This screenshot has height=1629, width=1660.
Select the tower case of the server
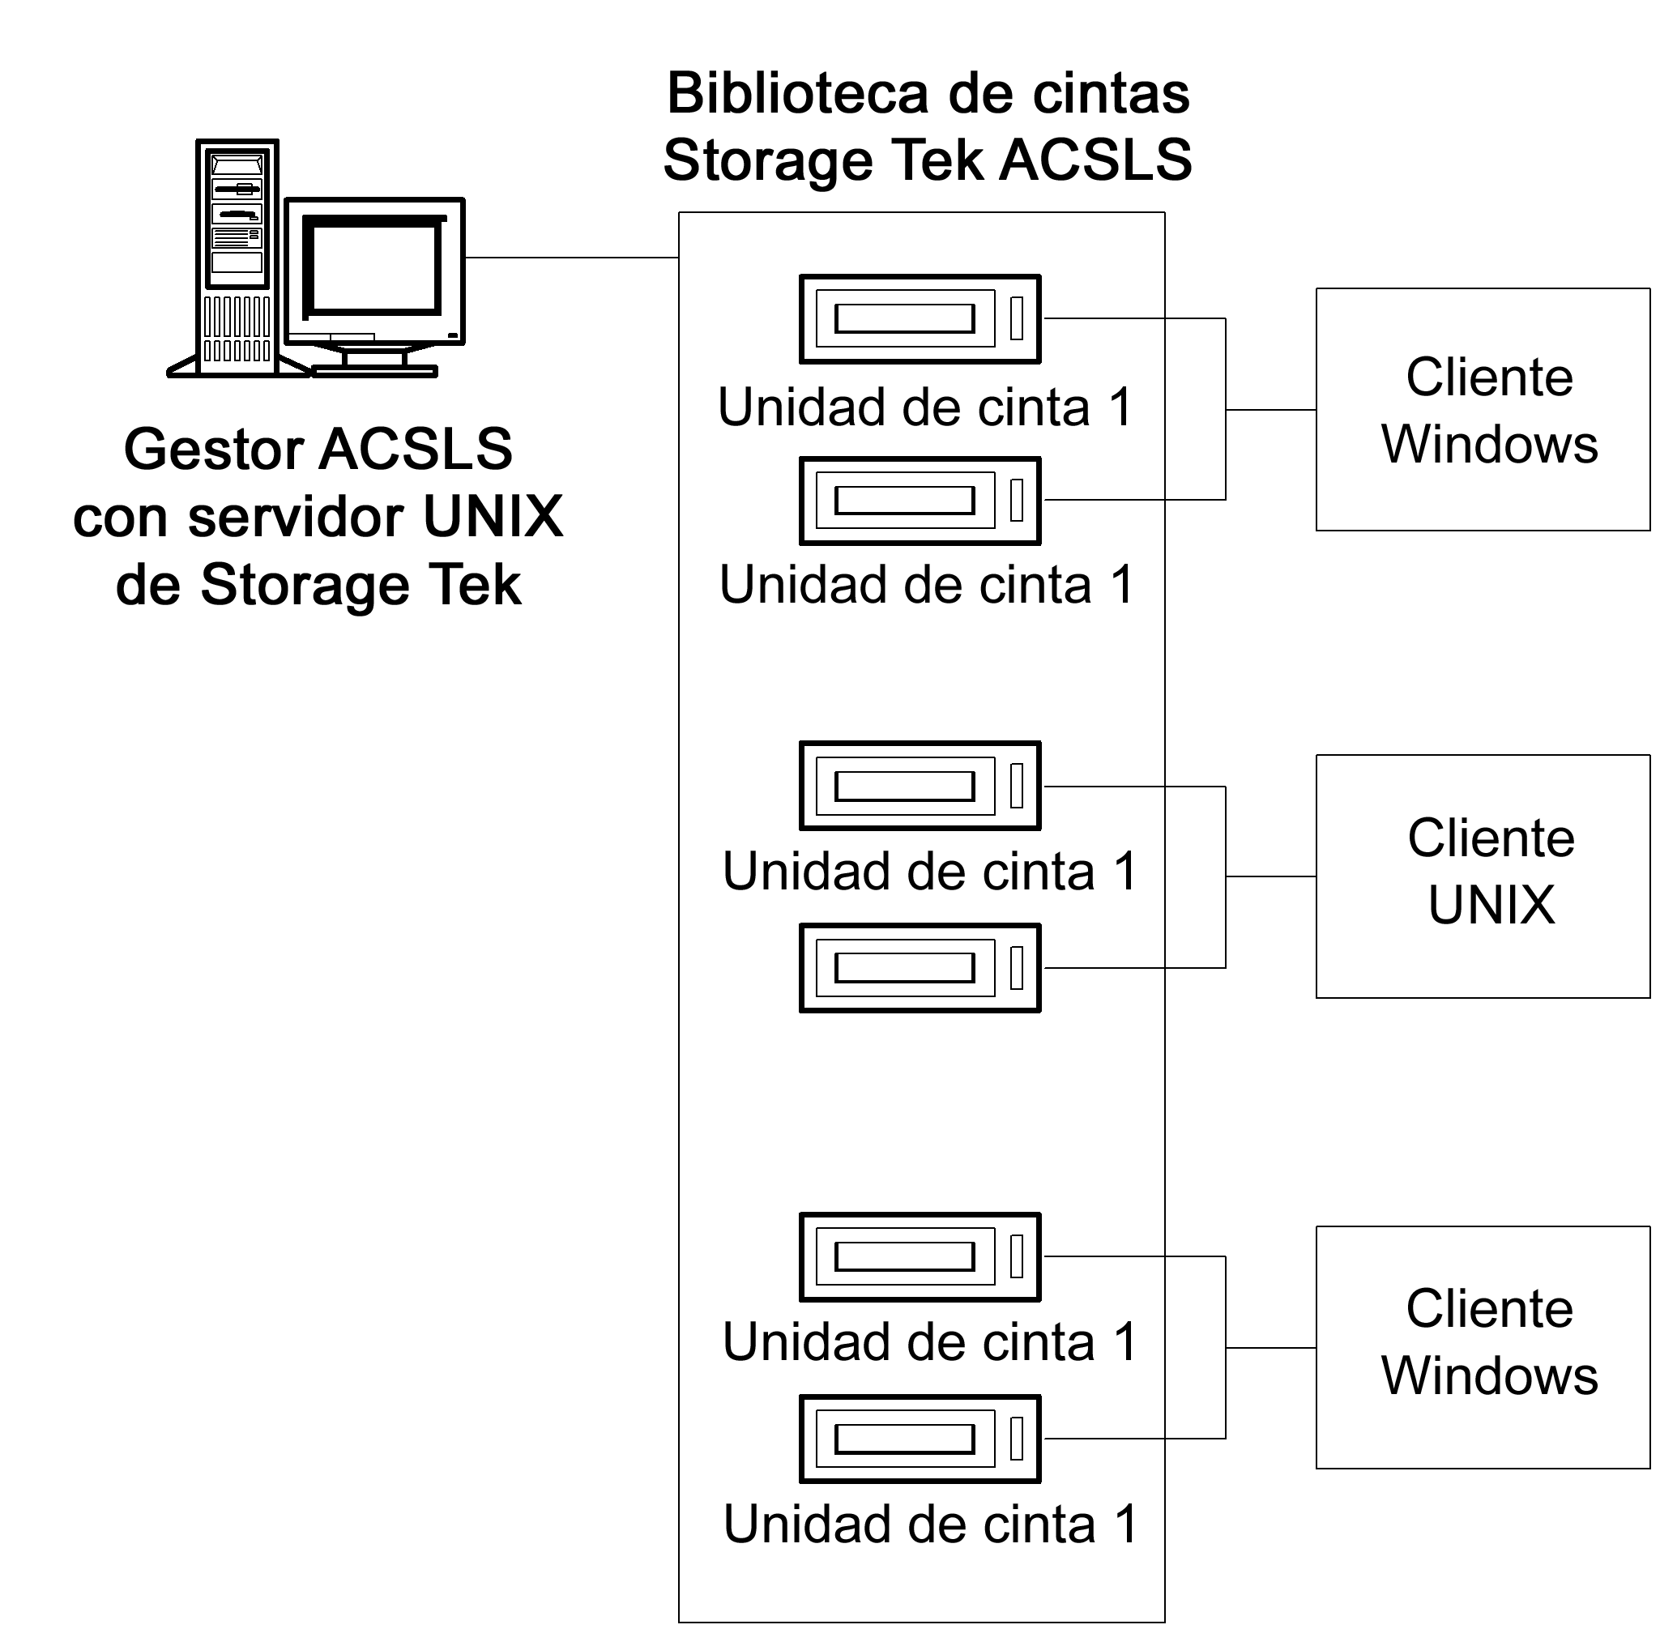tap(237, 257)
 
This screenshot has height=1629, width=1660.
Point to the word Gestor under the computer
tap(213, 450)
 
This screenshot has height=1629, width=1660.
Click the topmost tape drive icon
tap(919, 319)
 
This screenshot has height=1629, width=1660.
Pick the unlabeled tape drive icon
tap(919, 968)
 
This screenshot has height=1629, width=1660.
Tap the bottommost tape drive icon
tap(919, 1439)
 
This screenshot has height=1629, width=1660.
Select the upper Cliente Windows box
tap(1481, 409)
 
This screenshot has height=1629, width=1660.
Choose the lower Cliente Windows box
tap(1481, 1348)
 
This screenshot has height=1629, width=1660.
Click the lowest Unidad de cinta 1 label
tap(929, 1525)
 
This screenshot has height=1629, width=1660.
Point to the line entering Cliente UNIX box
tap(1270, 876)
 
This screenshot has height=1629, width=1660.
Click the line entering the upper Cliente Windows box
tap(1270, 410)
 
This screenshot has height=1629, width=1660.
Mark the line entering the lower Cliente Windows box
tap(1270, 1349)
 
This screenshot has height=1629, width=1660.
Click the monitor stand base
tap(374, 371)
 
